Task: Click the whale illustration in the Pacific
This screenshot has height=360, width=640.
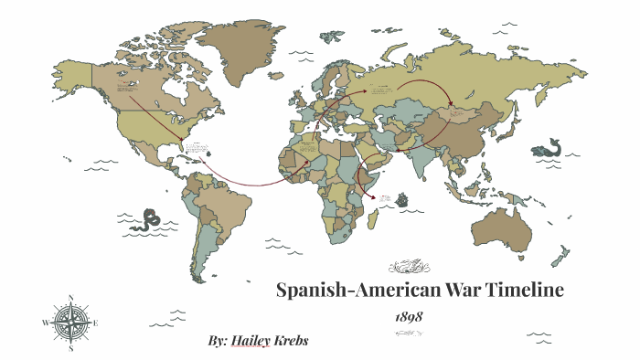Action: point(552,147)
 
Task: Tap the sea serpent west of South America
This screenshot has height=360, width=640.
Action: point(149,220)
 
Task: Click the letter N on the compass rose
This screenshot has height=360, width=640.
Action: point(70,297)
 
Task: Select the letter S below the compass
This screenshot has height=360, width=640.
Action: point(70,348)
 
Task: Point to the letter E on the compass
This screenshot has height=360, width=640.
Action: point(96,323)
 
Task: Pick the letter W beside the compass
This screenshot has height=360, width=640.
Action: point(45,323)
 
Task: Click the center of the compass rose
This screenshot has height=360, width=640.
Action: point(70,323)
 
